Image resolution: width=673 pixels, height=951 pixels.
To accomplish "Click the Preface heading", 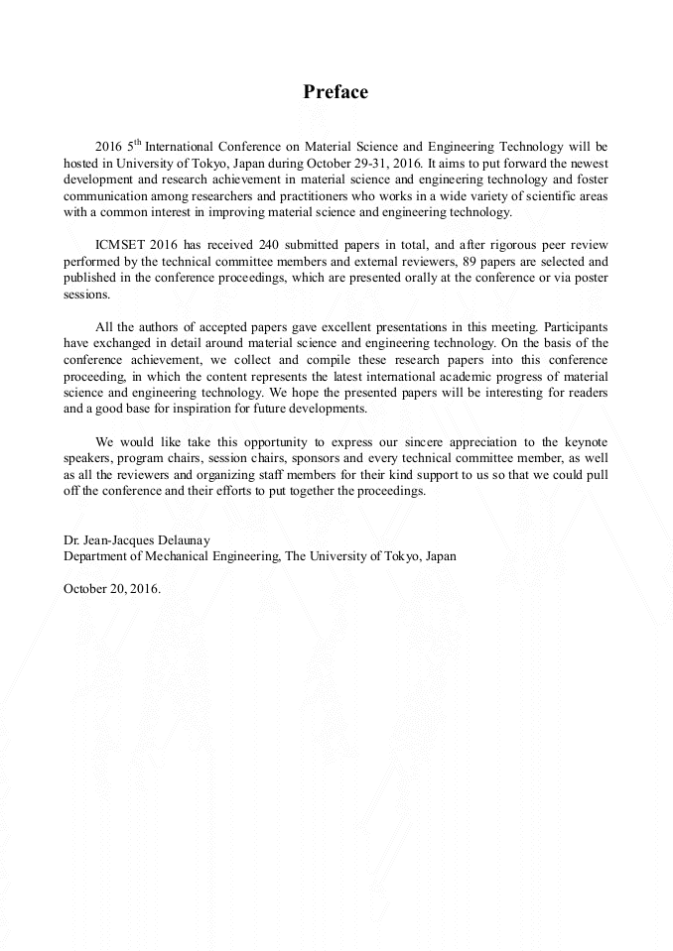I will (x=336, y=92).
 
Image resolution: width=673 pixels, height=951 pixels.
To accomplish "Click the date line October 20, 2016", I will (x=111, y=587).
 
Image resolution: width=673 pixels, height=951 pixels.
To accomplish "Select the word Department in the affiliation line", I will (x=97, y=556).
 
